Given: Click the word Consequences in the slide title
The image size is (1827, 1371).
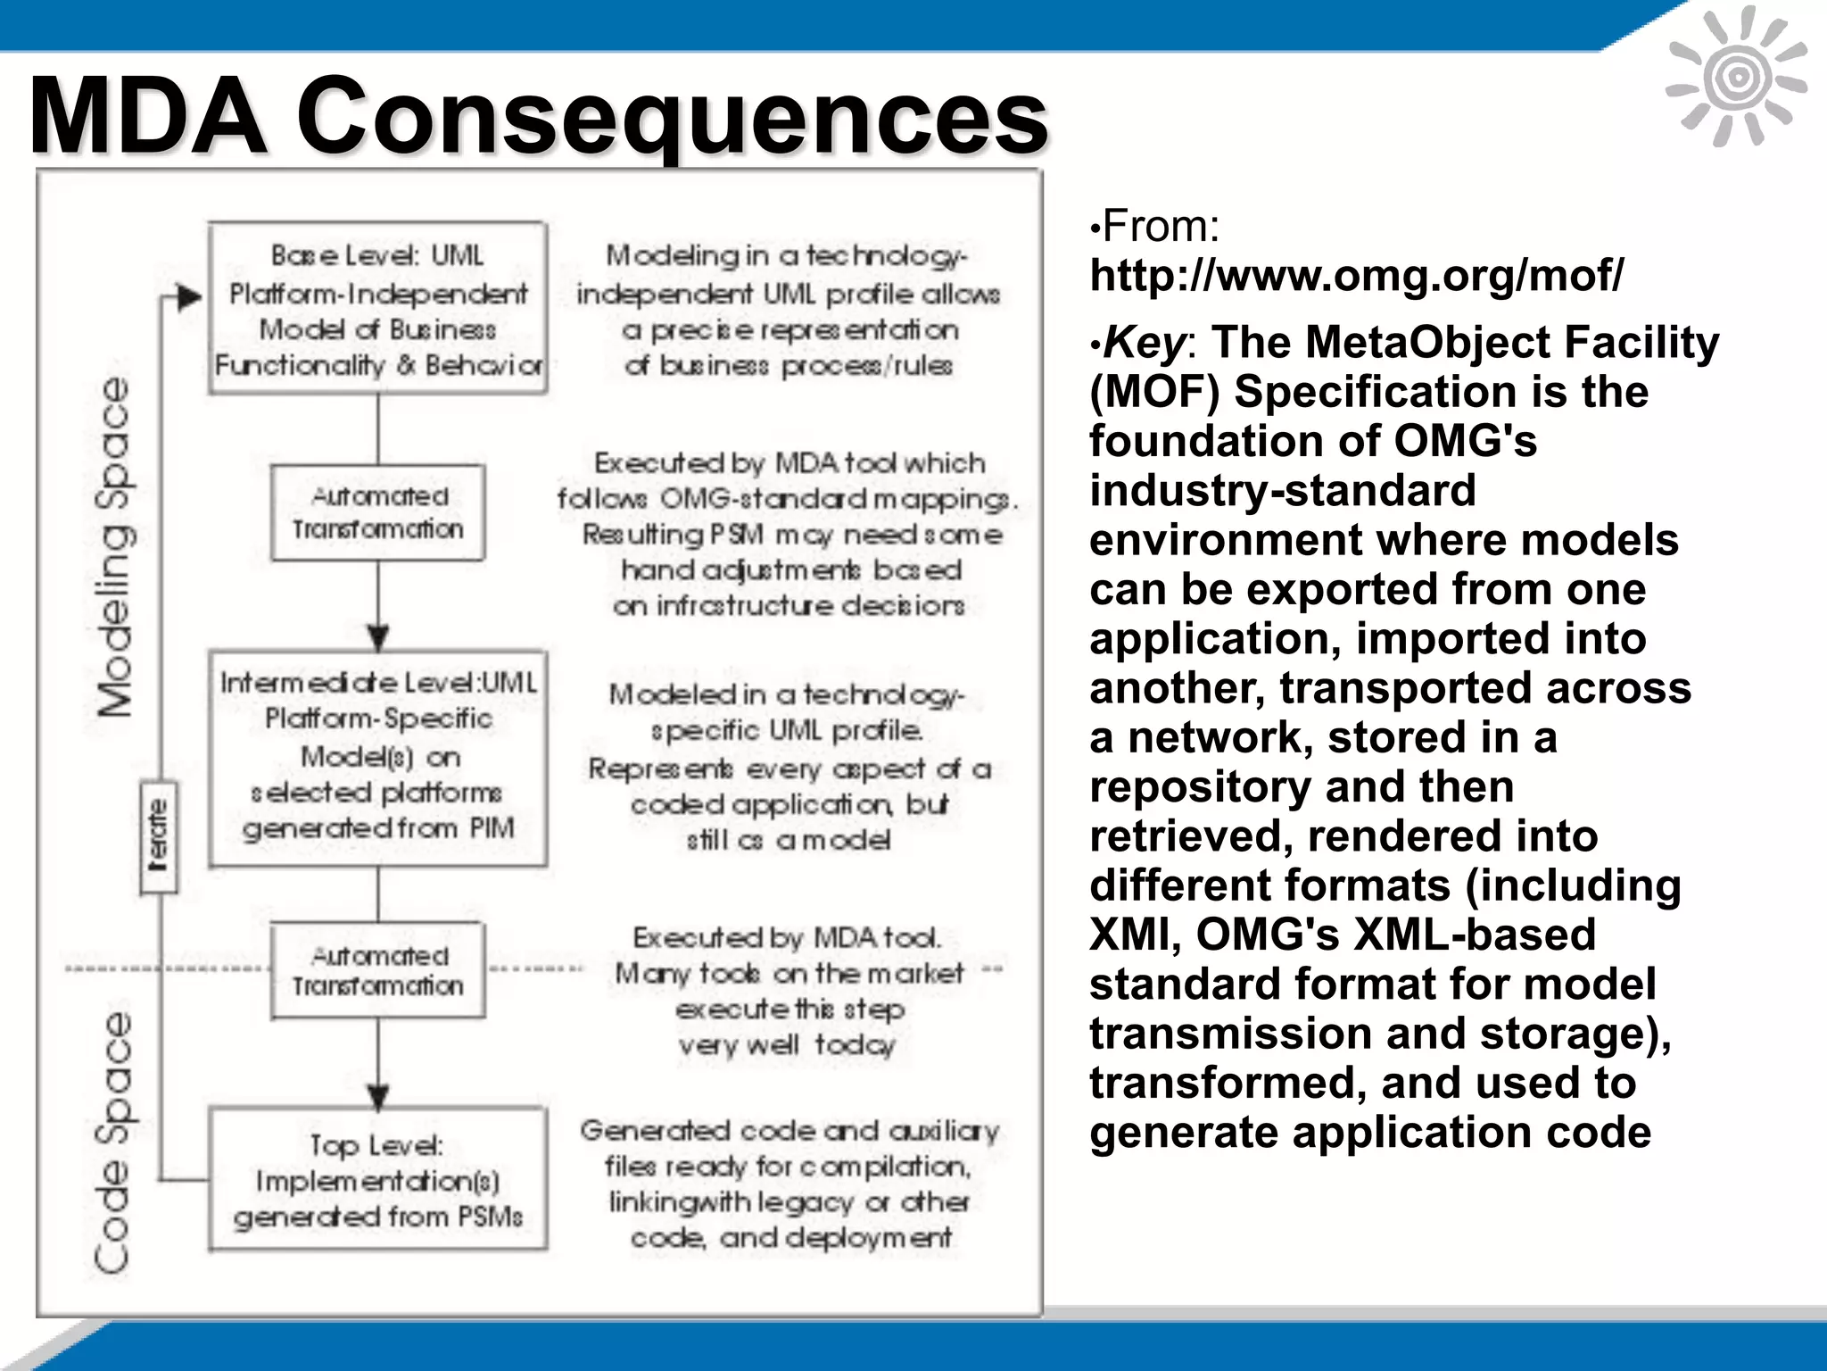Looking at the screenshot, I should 671,116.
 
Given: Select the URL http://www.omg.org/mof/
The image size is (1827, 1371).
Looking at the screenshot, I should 1356,275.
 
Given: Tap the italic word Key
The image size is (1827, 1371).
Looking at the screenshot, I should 1145,342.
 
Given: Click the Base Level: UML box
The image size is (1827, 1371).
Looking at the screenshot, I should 377,309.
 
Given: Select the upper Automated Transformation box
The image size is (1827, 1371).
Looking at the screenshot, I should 377,512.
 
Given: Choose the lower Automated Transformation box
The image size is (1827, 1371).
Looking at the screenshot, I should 377,970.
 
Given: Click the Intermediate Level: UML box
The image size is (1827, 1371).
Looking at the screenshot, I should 377,758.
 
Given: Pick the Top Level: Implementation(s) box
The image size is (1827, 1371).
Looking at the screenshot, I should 377,1179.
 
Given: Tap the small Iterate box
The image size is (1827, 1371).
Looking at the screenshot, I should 159,837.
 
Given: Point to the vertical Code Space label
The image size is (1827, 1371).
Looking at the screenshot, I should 114,1142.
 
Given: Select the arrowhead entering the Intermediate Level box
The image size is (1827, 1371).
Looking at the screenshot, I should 378,637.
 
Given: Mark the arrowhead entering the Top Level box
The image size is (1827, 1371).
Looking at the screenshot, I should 378,1096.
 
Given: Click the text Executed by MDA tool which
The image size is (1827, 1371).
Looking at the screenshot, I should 789,463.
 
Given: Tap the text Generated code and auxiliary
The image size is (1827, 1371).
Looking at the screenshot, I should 789,1131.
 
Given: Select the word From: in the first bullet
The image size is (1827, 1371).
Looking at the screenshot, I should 1161,226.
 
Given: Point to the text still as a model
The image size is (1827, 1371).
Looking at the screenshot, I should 788,840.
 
